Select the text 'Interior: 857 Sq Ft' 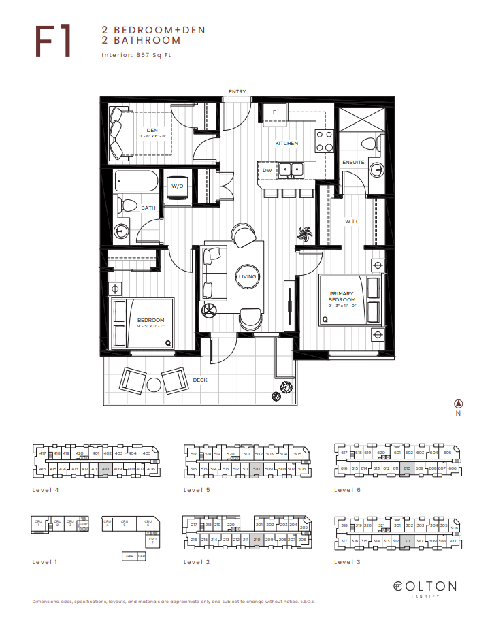tap(136, 55)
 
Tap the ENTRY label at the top tap(237, 92)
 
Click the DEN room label tap(152, 131)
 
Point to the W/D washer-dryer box tap(177, 186)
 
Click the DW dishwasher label tap(267, 170)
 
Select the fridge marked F tap(275, 112)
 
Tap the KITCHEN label tap(286, 144)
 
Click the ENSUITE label tap(354, 162)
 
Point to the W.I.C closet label tap(352, 220)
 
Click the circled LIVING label tap(247, 276)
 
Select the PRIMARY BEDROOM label tap(342, 297)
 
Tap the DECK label tap(199, 380)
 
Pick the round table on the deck tap(154, 385)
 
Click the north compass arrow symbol tap(458, 403)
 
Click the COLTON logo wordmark tap(425, 586)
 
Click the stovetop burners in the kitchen tap(325, 140)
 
